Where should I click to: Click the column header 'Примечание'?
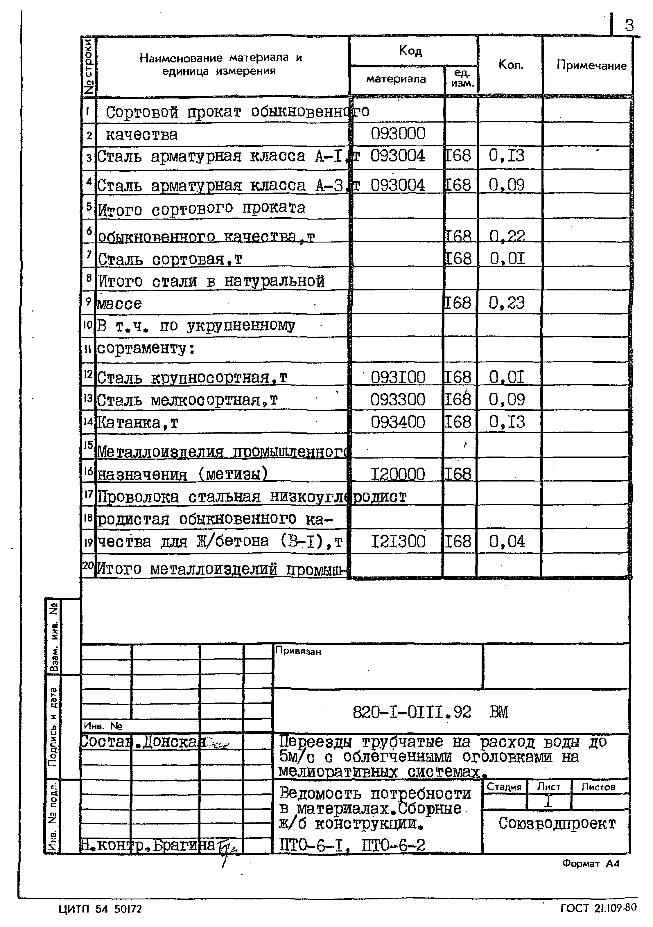591,65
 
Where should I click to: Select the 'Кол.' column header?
511,64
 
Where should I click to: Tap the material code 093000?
398,134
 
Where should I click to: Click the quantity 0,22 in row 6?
507,236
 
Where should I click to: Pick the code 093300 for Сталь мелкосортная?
398,400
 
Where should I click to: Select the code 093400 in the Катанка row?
398,422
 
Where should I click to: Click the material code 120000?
398,474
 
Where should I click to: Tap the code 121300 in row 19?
398,541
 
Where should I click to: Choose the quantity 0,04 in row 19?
507,541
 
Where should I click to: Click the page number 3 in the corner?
629,26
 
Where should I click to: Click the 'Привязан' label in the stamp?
298,652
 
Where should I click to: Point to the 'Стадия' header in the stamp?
504,787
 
